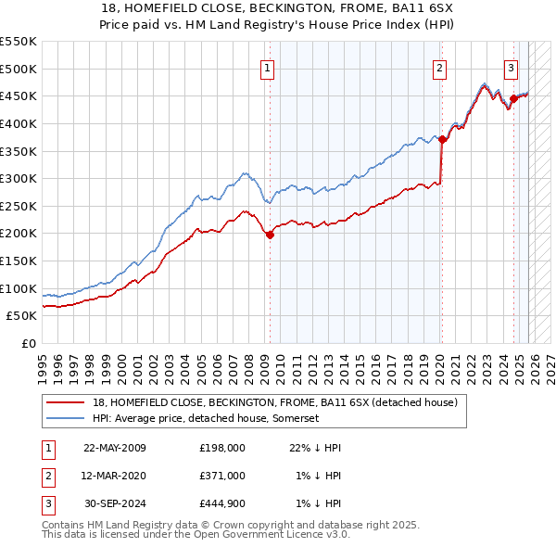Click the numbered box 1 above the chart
coord(268,67)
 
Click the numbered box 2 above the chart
coord(439,67)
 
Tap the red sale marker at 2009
coord(270,235)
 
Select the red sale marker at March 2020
coord(442,139)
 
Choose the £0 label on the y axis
coord(28,343)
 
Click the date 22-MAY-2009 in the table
coord(115,448)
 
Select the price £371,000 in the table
coord(222,476)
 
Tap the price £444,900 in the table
coord(222,503)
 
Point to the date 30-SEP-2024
coord(115,503)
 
